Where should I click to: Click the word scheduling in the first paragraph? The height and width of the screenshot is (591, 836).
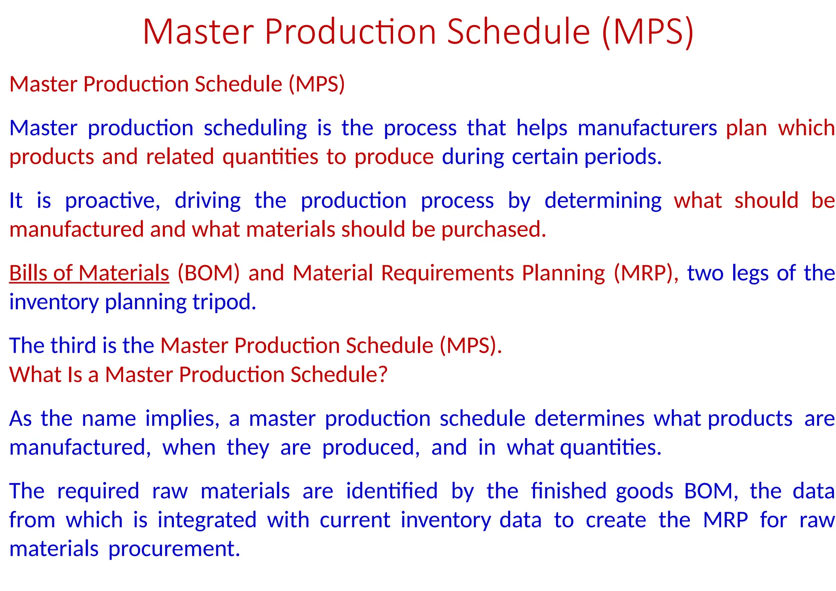point(255,129)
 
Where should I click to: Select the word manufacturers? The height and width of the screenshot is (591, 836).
point(647,129)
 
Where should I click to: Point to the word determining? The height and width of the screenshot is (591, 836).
point(603,201)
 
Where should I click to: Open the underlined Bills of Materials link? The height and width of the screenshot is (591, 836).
point(89,273)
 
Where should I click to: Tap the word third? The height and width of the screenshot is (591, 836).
point(73,346)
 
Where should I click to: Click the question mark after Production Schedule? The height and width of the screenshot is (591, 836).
point(382,375)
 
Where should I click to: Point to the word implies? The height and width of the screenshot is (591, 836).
point(182,419)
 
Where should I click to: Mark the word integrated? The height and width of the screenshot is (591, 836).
point(207,520)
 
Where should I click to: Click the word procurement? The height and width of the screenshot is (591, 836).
point(174,549)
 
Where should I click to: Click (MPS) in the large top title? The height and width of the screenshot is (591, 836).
point(647,33)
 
